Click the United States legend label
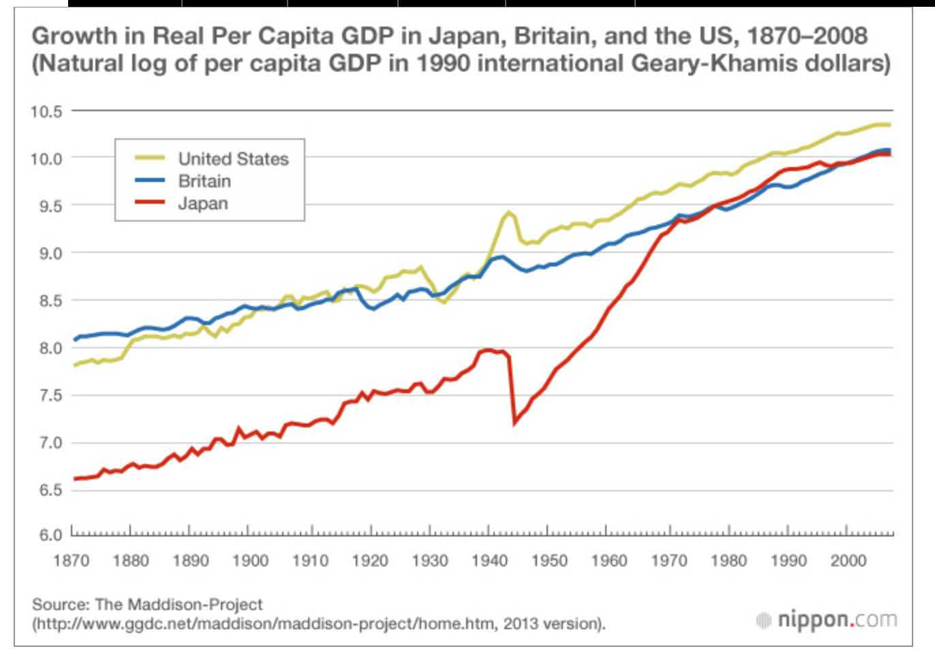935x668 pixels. pyautogui.click(x=233, y=159)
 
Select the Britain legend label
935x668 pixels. pyautogui.click(x=204, y=181)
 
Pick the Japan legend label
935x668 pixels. pyautogui.click(x=203, y=204)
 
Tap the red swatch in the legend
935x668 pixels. pyautogui.click(x=150, y=202)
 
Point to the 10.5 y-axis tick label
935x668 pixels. pyautogui.click(x=46, y=111)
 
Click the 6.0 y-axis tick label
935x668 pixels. pyautogui.click(x=50, y=534)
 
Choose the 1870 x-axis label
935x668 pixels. pyautogui.click(x=72, y=561)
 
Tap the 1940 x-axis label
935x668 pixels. pyautogui.click(x=489, y=561)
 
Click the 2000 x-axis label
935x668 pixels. pyautogui.click(x=848, y=561)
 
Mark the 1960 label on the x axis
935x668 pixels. pyautogui.click(x=609, y=561)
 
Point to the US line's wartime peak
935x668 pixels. pyautogui.click(x=509, y=212)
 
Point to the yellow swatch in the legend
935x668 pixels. pyautogui.click(x=150, y=158)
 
